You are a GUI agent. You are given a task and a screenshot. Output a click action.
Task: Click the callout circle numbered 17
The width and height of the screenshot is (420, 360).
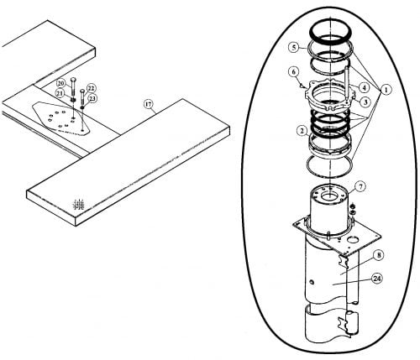tap(149, 104)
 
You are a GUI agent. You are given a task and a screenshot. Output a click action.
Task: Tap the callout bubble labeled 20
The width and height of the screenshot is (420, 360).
tap(60, 83)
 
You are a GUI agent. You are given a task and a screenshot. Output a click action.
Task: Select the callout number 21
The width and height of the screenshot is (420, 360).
tap(60, 93)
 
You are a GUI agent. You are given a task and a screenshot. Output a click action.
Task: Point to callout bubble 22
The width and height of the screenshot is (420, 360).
tap(91, 88)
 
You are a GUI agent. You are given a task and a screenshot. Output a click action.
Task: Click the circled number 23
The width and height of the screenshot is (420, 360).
tap(92, 98)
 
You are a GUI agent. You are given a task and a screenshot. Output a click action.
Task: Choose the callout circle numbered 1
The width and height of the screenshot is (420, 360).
tap(386, 90)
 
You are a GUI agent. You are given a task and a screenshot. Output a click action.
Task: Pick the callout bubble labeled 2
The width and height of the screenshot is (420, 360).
tap(302, 131)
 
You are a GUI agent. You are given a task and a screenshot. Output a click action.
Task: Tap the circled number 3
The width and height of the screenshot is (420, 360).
tap(365, 102)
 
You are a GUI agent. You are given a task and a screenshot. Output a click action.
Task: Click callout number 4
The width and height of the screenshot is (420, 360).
tap(364, 88)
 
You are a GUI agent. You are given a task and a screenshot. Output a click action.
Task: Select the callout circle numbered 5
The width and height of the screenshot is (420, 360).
tap(293, 48)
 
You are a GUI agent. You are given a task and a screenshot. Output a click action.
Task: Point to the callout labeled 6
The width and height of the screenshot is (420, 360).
tap(293, 72)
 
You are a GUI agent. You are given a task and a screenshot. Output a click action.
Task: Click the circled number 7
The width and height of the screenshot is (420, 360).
tap(360, 186)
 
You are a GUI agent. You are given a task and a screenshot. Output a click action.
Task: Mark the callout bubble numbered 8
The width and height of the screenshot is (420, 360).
tap(379, 255)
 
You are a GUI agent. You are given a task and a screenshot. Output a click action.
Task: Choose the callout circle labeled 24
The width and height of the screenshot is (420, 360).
tap(377, 279)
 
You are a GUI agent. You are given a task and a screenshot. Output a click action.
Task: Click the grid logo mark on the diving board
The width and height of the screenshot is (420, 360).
tap(78, 205)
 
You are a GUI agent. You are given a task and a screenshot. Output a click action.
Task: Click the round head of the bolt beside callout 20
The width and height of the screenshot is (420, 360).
tap(74, 79)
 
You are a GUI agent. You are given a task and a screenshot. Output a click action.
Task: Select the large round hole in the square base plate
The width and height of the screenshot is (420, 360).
tap(354, 240)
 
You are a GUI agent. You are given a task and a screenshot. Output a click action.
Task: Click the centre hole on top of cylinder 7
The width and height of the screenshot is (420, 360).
tap(329, 196)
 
